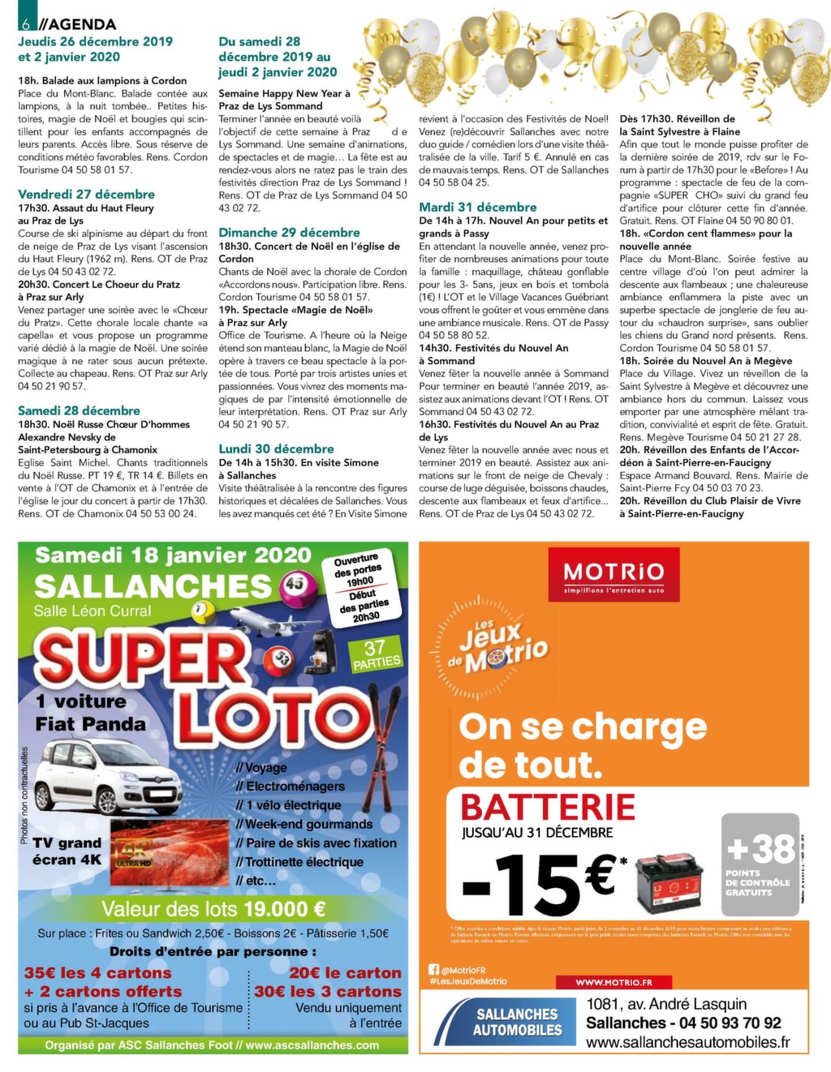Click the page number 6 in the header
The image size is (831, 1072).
pyautogui.click(x=25, y=24)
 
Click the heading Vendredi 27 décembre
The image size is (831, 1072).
pyautogui.click(x=86, y=195)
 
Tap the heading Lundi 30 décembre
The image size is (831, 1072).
pyautogui.click(x=276, y=449)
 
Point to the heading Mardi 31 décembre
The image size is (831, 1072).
pyautogui.click(x=478, y=208)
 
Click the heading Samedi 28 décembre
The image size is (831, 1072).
pyautogui.click(x=79, y=411)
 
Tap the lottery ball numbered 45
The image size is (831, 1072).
pyautogui.click(x=293, y=583)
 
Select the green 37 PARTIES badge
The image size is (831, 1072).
pyautogui.click(x=376, y=654)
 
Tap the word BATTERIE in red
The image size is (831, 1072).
pyautogui.click(x=548, y=808)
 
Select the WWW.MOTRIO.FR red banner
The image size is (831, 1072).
pyautogui.click(x=614, y=982)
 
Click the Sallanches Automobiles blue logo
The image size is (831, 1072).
pyautogui.click(x=518, y=1022)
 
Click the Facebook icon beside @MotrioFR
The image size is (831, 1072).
pyautogui.click(x=434, y=969)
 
